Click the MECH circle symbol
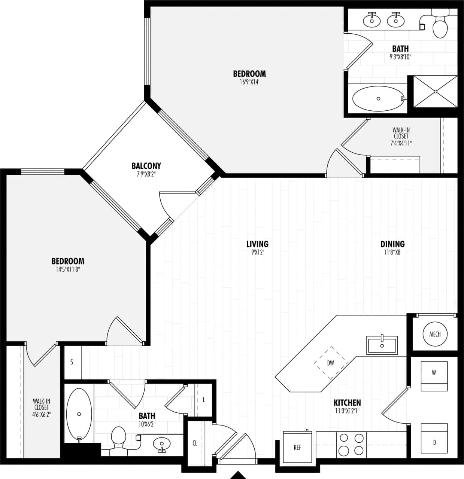434,334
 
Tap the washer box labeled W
434,376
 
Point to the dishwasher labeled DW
330,363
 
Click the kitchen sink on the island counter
382,345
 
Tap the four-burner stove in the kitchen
351,444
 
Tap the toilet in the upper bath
440,24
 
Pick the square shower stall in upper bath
435,91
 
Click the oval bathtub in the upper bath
378,98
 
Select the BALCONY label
146,166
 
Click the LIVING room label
257,244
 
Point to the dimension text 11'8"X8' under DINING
392,252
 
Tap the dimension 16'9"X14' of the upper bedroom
249,82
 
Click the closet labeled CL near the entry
195,443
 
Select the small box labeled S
72,362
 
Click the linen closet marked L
204,400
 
